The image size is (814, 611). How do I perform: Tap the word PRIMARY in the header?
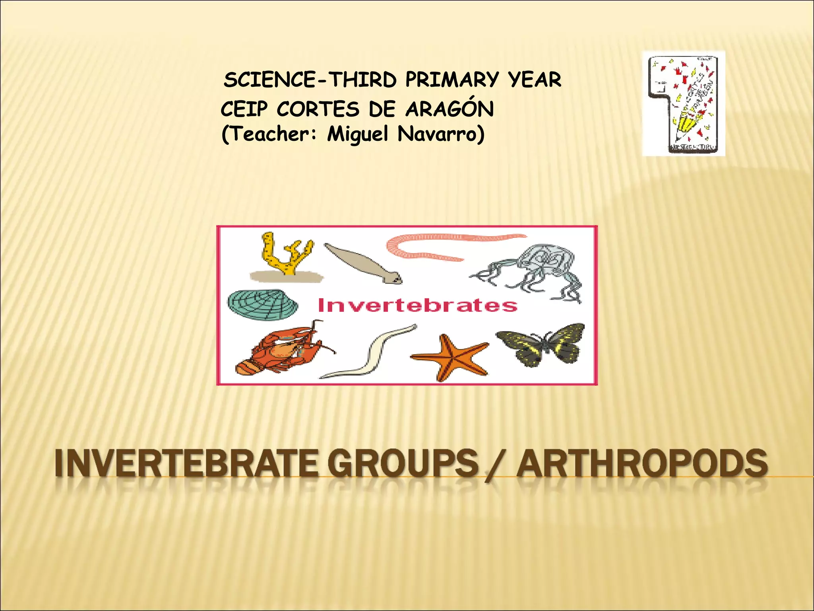(x=452, y=80)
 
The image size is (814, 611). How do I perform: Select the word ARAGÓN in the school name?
(x=450, y=109)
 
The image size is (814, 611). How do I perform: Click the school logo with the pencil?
(x=683, y=103)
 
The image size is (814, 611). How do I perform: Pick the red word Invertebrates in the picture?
(x=417, y=305)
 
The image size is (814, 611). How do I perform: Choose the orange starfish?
(x=451, y=356)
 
